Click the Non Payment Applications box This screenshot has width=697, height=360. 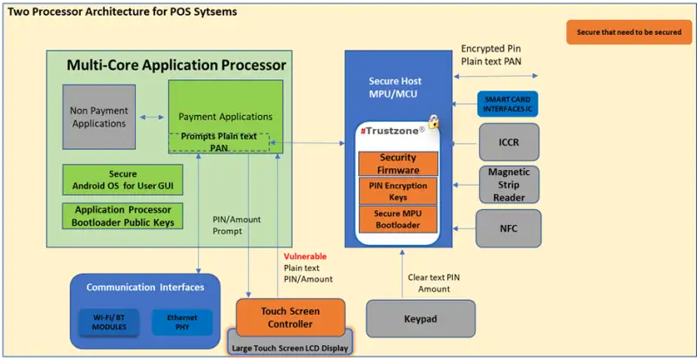[99, 117]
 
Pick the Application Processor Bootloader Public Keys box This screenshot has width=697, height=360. [123, 216]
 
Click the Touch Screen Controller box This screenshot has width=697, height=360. [291, 316]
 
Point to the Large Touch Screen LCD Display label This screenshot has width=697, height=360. [291, 347]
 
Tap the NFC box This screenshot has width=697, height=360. [508, 228]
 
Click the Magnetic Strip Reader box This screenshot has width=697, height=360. [508, 184]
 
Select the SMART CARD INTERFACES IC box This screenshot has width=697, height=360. [508, 105]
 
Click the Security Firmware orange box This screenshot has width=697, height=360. [397, 163]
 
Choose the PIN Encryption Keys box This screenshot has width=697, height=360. [397, 191]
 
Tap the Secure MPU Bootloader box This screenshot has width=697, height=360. [397, 219]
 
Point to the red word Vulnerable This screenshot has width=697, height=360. [305, 256]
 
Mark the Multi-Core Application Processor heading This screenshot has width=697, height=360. [177, 65]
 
